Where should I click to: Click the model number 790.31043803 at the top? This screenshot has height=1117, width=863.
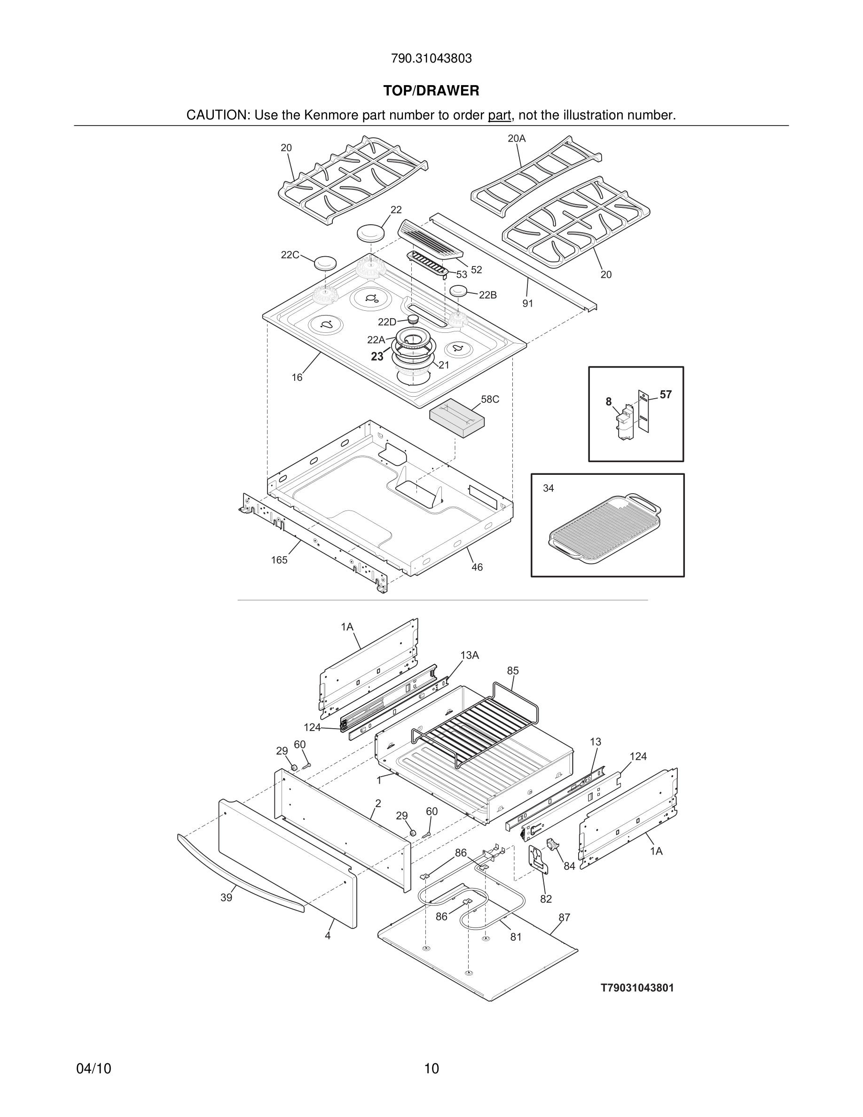pos(431,59)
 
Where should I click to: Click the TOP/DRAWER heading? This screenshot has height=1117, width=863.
pos(431,91)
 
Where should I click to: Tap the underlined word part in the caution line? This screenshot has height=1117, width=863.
pos(499,116)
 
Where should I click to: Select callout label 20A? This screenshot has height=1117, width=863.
pos(517,138)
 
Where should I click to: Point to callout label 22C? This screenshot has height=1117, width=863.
pos(290,255)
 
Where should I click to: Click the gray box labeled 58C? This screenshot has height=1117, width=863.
pos(457,418)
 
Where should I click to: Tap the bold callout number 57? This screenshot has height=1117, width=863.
pos(665,394)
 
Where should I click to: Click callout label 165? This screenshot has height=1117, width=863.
pos(279,560)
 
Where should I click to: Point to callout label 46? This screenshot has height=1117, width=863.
pos(477,567)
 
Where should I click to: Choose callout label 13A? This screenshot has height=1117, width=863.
pos(469,655)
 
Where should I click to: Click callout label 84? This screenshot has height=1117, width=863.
pos(569,866)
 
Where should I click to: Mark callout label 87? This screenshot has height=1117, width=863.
pos(564,918)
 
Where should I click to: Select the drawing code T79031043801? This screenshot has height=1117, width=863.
pos(637,988)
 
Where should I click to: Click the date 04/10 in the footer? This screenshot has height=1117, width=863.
pos(94,1069)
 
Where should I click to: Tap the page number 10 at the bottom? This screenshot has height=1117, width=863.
pos(431,1069)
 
